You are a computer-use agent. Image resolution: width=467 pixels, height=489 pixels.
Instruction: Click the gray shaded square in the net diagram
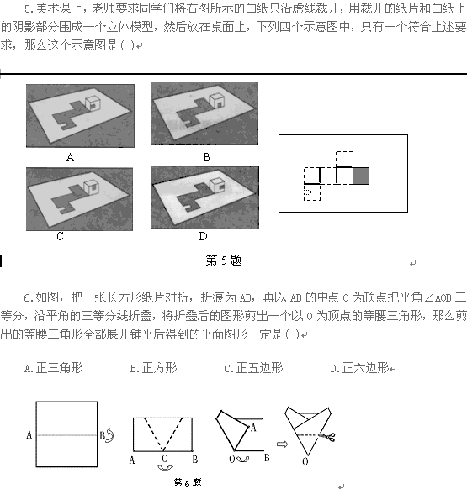coord(361,176)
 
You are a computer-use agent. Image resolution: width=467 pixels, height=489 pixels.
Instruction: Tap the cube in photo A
coord(93,103)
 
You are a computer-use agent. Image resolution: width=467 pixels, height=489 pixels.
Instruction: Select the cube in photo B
coord(216,102)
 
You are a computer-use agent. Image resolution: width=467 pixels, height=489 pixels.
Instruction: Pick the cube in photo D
coord(217,185)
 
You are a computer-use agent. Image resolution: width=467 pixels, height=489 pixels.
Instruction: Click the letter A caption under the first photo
coord(71,157)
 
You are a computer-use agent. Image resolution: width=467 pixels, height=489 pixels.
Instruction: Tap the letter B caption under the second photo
coord(206,157)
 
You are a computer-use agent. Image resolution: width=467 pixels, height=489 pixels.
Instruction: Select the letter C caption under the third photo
coord(60,236)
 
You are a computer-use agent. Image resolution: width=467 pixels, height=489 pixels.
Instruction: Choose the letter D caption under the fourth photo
coord(203,236)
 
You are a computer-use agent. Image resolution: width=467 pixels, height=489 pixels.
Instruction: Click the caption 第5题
coord(224,260)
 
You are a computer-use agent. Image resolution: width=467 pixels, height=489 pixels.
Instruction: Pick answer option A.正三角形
coord(53,368)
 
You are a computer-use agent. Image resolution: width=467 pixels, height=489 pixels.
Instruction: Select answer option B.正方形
coord(153,368)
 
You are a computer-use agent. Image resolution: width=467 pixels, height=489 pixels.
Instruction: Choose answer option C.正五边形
coord(253,368)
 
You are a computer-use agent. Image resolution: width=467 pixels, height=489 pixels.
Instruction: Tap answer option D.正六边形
coord(359,368)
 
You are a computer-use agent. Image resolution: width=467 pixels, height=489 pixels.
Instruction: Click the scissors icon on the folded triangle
coord(327,436)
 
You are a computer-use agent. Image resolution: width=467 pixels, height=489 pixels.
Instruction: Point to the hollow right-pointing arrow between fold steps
coord(282,444)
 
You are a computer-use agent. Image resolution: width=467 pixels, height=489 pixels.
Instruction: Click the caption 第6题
coord(188,483)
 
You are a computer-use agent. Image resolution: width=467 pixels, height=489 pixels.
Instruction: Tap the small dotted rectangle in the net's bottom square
coord(308,192)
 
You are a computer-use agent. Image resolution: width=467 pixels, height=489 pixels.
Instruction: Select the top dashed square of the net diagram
coord(344,160)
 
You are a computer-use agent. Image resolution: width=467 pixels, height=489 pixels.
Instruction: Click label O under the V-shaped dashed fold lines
coord(165,459)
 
